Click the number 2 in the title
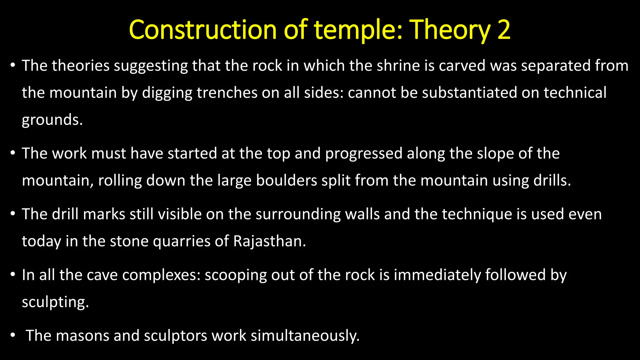pos(503,30)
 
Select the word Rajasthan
pos(269,241)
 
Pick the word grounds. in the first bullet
pos(52,120)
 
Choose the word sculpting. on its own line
pos(55,302)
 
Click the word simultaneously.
pos(305,336)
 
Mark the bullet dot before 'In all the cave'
pos(12,275)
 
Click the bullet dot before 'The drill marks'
pos(12,214)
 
